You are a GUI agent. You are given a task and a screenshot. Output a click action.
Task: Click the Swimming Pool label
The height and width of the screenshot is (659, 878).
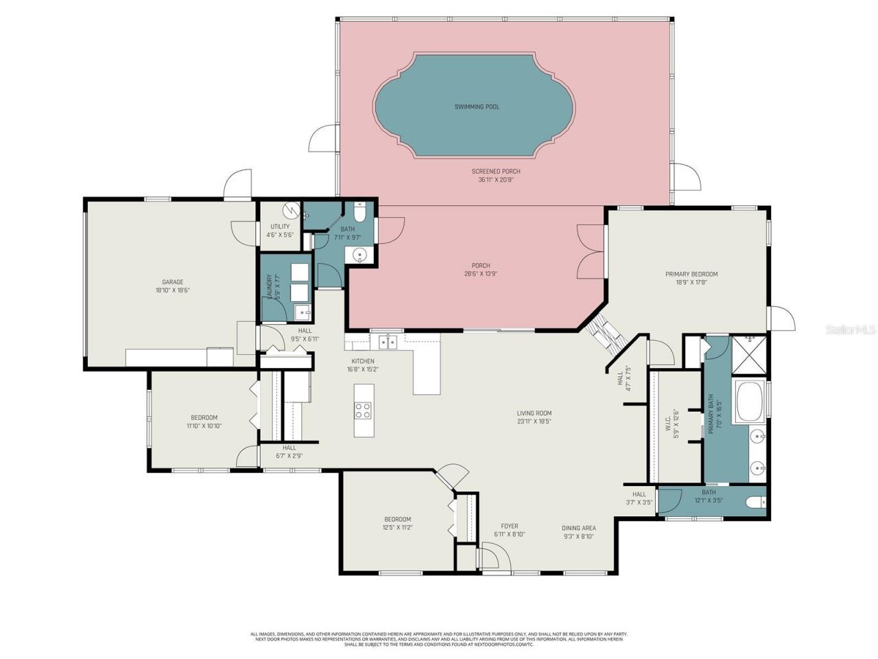(x=477, y=107)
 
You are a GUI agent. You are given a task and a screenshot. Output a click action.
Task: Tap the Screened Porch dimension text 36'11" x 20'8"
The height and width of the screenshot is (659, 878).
(x=495, y=181)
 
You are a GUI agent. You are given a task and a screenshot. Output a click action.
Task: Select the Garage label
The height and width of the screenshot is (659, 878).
(x=172, y=282)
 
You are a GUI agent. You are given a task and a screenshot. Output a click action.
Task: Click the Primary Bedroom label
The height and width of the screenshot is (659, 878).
(x=691, y=275)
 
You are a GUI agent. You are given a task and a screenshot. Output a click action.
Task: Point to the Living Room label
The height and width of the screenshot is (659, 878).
(x=534, y=413)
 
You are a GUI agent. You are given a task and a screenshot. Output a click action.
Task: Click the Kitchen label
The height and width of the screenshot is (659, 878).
(x=363, y=361)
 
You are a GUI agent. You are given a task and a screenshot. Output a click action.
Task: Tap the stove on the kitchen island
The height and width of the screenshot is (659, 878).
(x=362, y=411)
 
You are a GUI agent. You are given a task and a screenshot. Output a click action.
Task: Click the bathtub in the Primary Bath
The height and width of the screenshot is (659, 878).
(x=750, y=402)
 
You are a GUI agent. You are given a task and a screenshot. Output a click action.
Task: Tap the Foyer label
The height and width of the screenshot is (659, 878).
(x=509, y=527)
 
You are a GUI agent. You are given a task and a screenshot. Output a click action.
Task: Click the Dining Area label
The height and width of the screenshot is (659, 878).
(x=578, y=528)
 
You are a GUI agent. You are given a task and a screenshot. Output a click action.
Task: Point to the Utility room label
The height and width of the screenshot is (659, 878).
(x=279, y=227)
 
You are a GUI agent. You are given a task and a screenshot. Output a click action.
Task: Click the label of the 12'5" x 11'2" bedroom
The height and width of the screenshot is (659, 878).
(x=397, y=519)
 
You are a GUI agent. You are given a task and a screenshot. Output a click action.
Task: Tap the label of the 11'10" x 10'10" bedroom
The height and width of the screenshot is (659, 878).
(x=204, y=417)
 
